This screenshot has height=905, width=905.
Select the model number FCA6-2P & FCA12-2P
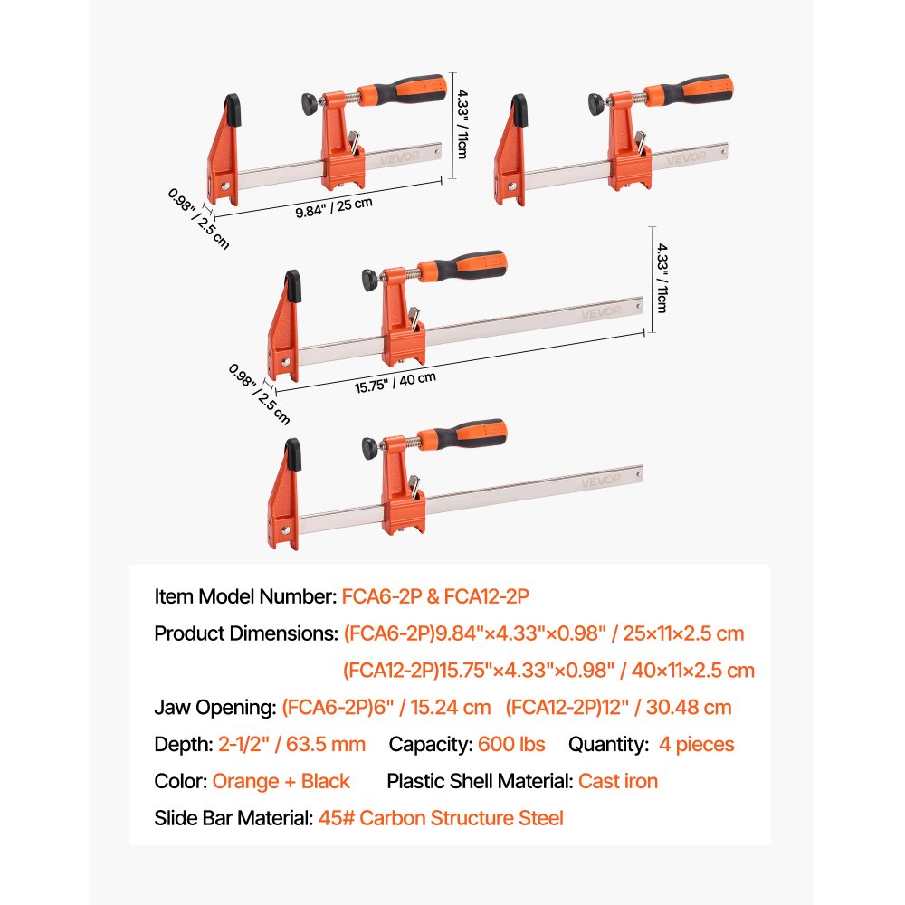[435, 596]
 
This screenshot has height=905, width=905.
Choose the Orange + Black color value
[281, 781]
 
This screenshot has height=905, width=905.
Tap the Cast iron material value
[618, 781]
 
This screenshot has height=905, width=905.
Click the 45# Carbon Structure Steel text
[441, 818]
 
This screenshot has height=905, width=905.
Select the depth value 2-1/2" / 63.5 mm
[292, 744]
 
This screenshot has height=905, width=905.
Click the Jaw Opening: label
[215, 707]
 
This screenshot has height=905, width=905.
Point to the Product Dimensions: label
[245, 633]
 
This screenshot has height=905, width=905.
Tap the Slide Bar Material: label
[233, 818]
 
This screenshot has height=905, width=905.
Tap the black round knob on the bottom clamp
[368, 445]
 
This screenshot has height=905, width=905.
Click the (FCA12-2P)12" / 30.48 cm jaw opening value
[618, 707]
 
